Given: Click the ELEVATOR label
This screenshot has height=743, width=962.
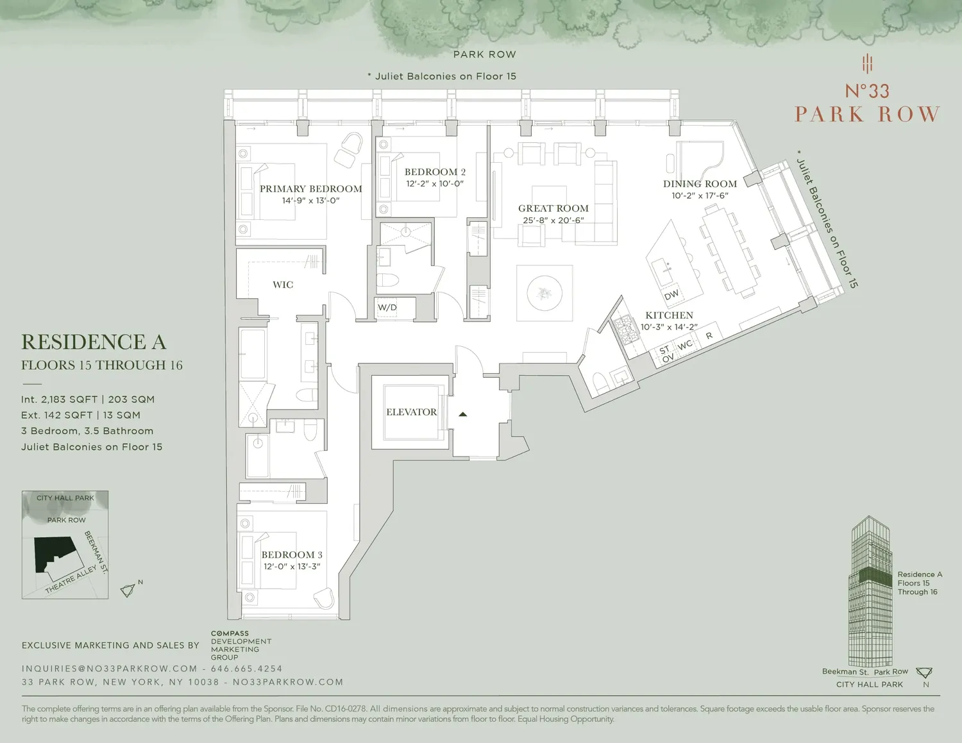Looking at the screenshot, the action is click(x=411, y=412).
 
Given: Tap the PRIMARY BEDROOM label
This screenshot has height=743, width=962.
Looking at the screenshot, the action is click(x=311, y=189).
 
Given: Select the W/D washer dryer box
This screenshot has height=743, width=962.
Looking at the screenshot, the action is click(x=387, y=308).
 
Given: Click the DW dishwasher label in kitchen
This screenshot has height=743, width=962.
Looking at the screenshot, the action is click(x=671, y=295).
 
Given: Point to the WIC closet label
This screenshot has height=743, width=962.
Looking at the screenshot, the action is click(x=283, y=285).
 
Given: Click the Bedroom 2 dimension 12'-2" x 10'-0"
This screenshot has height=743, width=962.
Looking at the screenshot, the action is click(x=435, y=183).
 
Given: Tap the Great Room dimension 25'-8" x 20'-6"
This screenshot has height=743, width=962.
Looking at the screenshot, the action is click(x=553, y=220).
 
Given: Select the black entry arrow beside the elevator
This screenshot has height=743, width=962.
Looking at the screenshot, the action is click(x=462, y=414).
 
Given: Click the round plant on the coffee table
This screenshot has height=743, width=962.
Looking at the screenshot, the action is click(x=544, y=293).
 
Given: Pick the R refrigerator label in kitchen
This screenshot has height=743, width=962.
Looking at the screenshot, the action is click(x=709, y=335).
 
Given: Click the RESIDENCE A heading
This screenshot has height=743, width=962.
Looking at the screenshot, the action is click(x=94, y=342).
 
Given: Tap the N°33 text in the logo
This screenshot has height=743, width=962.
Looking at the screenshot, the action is click(x=867, y=91).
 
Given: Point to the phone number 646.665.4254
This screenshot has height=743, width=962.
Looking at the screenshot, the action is click(x=246, y=669).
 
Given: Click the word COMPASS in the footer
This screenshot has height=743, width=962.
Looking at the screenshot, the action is click(x=230, y=633).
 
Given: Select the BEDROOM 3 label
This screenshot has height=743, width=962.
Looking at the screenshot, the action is click(x=292, y=555).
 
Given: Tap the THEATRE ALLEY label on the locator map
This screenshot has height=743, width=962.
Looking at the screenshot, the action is click(x=71, y=580).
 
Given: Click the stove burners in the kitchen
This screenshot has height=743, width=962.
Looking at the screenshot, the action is click(x=625, y=330).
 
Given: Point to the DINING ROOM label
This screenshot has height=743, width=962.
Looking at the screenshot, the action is click(x=700, y=183).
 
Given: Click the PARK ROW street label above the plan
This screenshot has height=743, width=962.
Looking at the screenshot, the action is click(x=485, y=54).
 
